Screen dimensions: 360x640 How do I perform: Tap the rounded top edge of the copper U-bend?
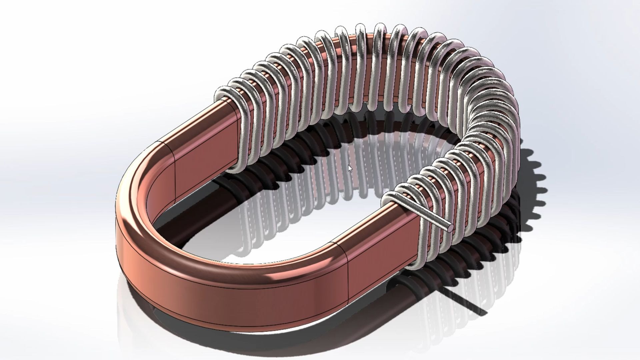tap(140, 187)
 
